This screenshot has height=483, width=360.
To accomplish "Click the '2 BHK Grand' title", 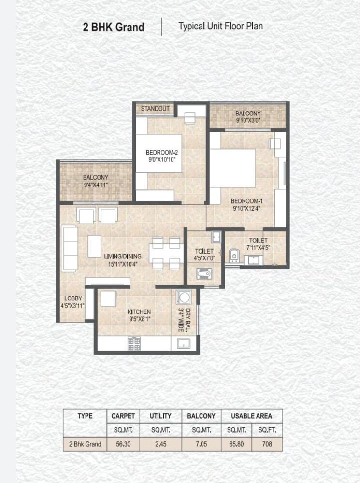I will tap(114, 27).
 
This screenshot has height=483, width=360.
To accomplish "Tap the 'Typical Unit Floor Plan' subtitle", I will tap(220, 26).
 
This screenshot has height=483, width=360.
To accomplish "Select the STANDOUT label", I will tap(155, 109).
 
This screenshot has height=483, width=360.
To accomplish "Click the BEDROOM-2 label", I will tap(158, 153).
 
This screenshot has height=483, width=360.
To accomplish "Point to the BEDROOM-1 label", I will tap(246, 201).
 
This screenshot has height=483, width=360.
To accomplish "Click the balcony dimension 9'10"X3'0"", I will tap(248, 121).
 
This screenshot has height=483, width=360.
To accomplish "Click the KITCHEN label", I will tap(139, 312).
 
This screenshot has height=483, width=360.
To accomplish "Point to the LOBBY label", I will tap(73, 298).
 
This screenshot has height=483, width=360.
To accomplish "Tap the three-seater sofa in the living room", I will tap(69, 249).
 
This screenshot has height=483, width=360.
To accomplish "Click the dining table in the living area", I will tap(166, 253).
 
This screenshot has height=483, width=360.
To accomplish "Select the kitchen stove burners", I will tap(134, 343).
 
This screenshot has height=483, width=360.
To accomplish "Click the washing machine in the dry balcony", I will tap(184, 297).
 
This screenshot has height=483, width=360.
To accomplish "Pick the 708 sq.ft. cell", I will tap(267, 444).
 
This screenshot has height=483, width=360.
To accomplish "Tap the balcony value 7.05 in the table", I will tap(201, 444).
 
